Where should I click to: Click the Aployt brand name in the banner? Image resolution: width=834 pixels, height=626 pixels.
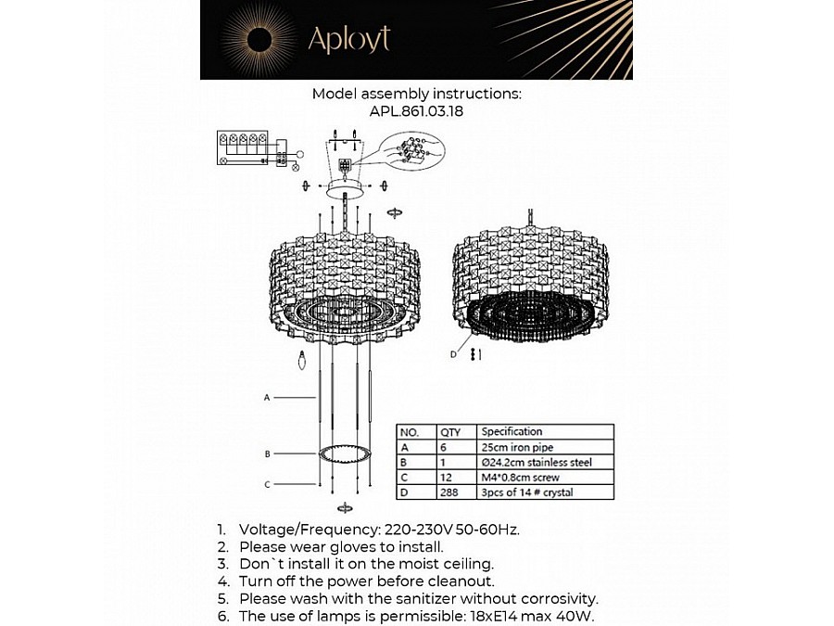(x=349, y=39)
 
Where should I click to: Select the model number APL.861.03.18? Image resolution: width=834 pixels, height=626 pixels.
(x=416, y=111)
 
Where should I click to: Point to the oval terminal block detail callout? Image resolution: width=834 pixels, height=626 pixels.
(x=413, y=150)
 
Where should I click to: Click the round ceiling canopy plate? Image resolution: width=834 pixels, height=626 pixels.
(x=347, y=188)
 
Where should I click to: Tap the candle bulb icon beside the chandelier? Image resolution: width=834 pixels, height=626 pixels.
(x=302, y=361)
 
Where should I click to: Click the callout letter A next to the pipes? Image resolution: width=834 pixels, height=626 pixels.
(x=267, y=398)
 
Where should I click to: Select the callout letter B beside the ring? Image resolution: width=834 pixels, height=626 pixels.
(x=268, y=454)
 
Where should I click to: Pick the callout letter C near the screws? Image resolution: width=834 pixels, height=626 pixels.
(x=268, y=484)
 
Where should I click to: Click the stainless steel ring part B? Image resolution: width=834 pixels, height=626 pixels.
(x=345, y=454)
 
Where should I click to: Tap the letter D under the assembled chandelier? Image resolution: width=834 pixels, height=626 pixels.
(x=453, y=354)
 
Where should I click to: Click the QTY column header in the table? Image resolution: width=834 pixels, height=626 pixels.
(x=450, y=431)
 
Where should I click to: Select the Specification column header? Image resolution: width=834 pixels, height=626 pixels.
(x=512, y=431)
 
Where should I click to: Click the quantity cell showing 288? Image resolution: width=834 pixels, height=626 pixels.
(x=449, y=492)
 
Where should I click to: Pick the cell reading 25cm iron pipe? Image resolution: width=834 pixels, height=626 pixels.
(x=517, y=447)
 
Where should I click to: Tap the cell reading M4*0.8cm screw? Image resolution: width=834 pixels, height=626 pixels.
(x=520, y=478)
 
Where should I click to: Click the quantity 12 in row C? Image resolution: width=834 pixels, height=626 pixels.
(x=446, y=478)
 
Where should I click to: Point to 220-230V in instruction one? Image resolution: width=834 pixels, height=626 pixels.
(x=418, y=530)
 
